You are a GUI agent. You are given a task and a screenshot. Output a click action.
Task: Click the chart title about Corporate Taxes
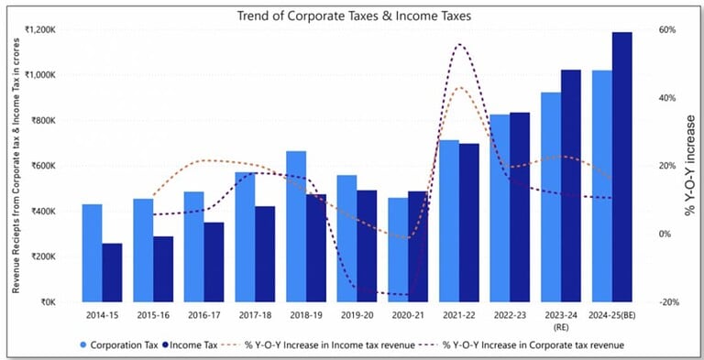[353, 16]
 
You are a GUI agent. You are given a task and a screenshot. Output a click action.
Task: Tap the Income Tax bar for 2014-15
[112, 272]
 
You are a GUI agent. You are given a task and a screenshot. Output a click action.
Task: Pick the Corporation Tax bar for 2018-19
[296, 226]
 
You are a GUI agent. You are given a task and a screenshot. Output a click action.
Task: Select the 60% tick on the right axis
[667, 29]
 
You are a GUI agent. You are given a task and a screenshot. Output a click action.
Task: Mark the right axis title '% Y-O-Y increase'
[690, 166]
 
